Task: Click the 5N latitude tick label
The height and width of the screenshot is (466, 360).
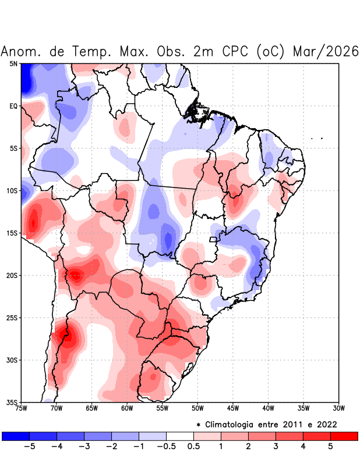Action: (13, 63)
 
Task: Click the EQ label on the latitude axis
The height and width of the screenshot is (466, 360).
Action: (13, 106)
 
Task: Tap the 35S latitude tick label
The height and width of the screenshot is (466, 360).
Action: (12, 402)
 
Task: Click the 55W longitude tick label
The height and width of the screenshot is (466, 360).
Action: (163, 408)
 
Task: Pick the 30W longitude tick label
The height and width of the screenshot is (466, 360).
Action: (339, 408)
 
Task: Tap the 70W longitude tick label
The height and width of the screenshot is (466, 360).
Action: (57, 408)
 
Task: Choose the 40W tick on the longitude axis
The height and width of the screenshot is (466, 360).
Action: (268, 408)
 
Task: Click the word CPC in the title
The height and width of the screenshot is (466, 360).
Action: (236, 51)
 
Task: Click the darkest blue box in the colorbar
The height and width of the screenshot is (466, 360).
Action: (15, 436)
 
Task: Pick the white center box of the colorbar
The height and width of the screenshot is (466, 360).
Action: (179, 436)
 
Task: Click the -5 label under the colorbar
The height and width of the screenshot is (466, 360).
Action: (26, 447)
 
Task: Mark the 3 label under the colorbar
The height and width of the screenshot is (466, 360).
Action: (275, 447)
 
